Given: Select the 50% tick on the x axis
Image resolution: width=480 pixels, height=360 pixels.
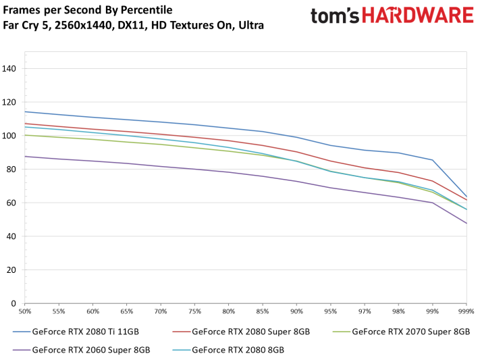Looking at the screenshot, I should (x=25, y=311).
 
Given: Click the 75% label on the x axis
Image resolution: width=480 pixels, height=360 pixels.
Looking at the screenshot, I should (x=194, y=311).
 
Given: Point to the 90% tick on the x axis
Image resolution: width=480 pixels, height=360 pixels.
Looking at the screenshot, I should (x=296, y=311).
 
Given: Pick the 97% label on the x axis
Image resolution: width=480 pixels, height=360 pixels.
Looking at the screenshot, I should (x=365, y=311).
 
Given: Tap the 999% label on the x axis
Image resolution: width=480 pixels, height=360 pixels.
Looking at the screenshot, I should (x=466, y=311).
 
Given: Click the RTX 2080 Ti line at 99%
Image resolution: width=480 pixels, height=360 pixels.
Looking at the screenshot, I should (x=432, y=160).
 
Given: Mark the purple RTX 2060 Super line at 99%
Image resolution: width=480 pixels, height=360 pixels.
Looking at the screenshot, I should (x=432, y=203).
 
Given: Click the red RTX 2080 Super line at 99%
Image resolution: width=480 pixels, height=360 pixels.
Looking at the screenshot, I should (x=432, y=181).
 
